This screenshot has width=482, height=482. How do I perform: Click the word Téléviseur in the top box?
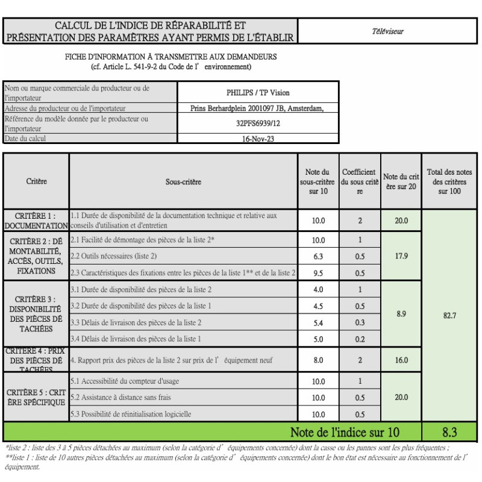tap(388, 31)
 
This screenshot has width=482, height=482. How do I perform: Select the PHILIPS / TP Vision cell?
tap(258, 93)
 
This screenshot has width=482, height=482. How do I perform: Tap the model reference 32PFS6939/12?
tap(258, 123)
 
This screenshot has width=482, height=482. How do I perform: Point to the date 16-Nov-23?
tap(258, 138)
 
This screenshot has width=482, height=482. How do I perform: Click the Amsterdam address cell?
tap(258, 108)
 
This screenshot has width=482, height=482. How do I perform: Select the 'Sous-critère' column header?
tap(183, 181)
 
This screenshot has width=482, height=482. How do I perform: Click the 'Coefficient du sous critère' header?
tap(360, 181)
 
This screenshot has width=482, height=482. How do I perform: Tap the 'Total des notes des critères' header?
tap(450, 181)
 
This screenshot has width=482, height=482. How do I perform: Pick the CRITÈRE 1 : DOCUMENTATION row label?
tap(36, 221)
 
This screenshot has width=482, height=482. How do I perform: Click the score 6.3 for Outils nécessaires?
tap(318, 257)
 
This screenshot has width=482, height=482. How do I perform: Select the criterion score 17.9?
tap(401, 256)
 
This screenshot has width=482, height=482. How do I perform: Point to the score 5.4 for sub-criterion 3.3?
tap(318, 323)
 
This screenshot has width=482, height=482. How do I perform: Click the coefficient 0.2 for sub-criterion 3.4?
tap(360, 339)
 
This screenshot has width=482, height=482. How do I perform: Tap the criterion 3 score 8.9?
tap(401, 314)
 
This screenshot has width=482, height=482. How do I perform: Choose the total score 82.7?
tap(450, 315)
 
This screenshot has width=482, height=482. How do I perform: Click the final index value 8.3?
tap(450, 432)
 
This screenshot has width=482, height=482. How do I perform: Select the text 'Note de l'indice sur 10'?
tap(344, 432)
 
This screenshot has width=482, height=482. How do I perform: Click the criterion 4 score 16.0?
tap(401, 360)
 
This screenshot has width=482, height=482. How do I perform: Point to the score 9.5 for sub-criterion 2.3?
tap(318, 273)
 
